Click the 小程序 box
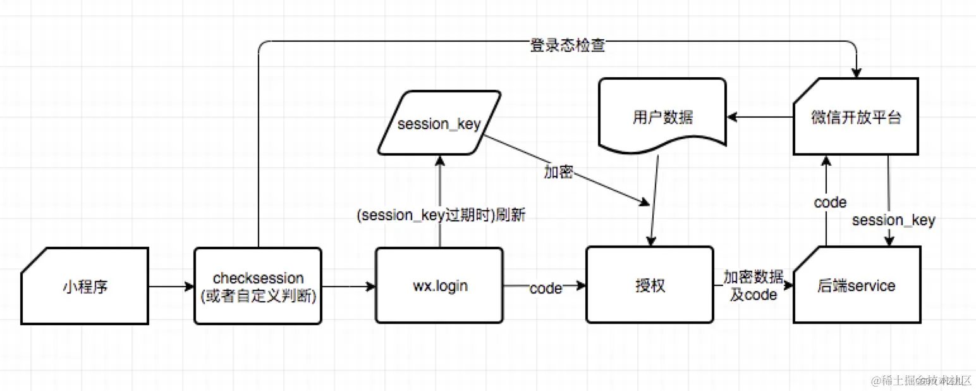pyautogui.click(x=85, y=286)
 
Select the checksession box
pyautogui.click(x=258, y=286)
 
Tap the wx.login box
pyautogui.click(x=439, y=286)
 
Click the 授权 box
pyautogui.click(x=649, y=286)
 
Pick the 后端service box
pyautogui.click(x=857, y=286)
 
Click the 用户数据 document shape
pyautogui.click(x=662, y=117)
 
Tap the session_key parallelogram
pyautogui.click(x=440, y=123)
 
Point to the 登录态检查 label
pyautogui.click(x=567, y=46)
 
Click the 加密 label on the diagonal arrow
pyautogui.click(x=558, y=172)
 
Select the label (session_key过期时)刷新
pyautogui.click(x=441, y=216)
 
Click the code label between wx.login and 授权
pyautogui.click(x=546, y=289)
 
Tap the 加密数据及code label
pyautogui.click(x=753, y=286)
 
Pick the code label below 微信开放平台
pyautogui.click(x=829, y=202)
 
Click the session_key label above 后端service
pyautogui.click(x=893, y=220)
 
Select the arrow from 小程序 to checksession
pyautogui.click(x=171, y=287)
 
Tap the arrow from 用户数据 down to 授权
pyautogui.click(x=654, y=202)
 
